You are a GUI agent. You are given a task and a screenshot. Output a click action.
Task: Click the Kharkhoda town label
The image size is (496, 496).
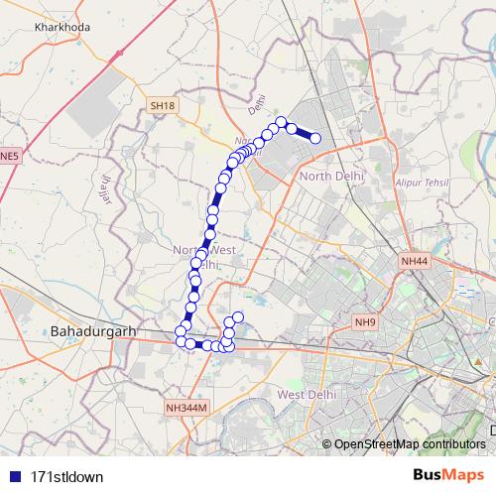point(62,27)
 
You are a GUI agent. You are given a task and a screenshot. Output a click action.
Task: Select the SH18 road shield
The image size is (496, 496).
point(162,105)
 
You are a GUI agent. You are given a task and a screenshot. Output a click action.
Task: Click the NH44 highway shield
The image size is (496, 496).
point(414,260)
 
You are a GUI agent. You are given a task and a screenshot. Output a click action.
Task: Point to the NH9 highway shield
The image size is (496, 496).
point(366,321)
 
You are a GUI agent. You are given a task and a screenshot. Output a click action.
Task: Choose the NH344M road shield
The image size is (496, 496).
point(186,407)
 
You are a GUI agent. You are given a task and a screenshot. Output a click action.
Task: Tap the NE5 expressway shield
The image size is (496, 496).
point(9,156)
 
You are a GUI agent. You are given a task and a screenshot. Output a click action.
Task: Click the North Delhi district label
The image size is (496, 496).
point(331,176)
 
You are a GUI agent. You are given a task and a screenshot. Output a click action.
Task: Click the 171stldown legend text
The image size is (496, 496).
point(66,475)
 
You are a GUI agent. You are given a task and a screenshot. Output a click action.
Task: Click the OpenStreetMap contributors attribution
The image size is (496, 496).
point(410,443)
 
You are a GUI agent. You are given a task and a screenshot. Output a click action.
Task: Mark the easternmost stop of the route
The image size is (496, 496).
point(316,138)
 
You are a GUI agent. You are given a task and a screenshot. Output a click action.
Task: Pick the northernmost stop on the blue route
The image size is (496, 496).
point(281,122)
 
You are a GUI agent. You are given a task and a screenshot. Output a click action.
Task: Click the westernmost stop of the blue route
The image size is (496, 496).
point(181,331)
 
